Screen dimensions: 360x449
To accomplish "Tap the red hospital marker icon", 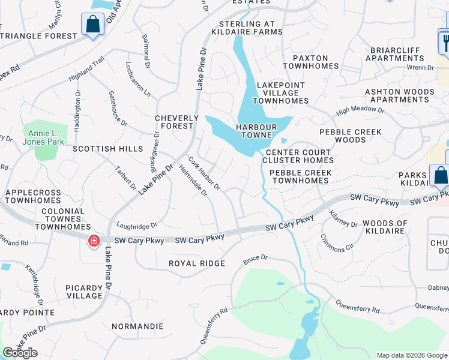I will tap(94, 241).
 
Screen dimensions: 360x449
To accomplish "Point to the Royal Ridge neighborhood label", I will tap(197, 263).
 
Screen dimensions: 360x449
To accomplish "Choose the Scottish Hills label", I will tap(108, 149).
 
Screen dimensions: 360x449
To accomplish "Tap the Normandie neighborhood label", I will tap(137, 326).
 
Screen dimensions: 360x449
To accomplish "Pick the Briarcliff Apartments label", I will tap(397, 53).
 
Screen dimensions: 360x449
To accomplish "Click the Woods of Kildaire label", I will tap(385, 227).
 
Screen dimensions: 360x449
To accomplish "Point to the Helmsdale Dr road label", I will tap(193, 181).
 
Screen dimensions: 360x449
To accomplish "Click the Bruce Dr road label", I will tap(255, 260).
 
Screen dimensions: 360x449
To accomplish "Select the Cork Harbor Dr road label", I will tap(204, 173).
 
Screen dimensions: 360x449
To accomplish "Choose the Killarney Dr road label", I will tap(343, 218).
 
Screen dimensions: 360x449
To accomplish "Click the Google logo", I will tap(20, 353).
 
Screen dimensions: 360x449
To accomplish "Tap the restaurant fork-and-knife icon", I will tap(445, 41).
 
